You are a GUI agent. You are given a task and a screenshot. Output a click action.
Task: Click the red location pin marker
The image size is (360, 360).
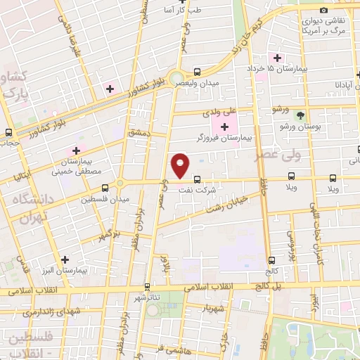[x=180, y=165]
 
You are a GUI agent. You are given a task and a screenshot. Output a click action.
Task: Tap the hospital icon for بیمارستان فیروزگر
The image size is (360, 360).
[x=224, y=127]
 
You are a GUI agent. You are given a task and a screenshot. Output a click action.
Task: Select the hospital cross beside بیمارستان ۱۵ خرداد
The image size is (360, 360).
[x=278, y=57]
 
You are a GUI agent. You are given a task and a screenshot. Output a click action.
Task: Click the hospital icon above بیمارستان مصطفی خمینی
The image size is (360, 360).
[x=76, y=150]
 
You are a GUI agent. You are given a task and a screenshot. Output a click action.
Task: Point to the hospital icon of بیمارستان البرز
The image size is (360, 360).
[x=65, y=259]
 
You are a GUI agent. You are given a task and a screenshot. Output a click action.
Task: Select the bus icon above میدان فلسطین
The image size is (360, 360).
[x=105, y=188]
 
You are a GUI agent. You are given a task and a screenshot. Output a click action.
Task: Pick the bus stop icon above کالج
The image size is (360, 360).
[x=271, y=260]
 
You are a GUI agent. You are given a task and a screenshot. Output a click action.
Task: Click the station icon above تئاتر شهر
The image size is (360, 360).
[x=147, y=286]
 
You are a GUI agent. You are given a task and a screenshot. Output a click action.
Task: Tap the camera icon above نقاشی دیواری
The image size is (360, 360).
[x=323, y=10]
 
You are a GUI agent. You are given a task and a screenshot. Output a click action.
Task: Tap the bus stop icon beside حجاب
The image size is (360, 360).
[x=8, y=132]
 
